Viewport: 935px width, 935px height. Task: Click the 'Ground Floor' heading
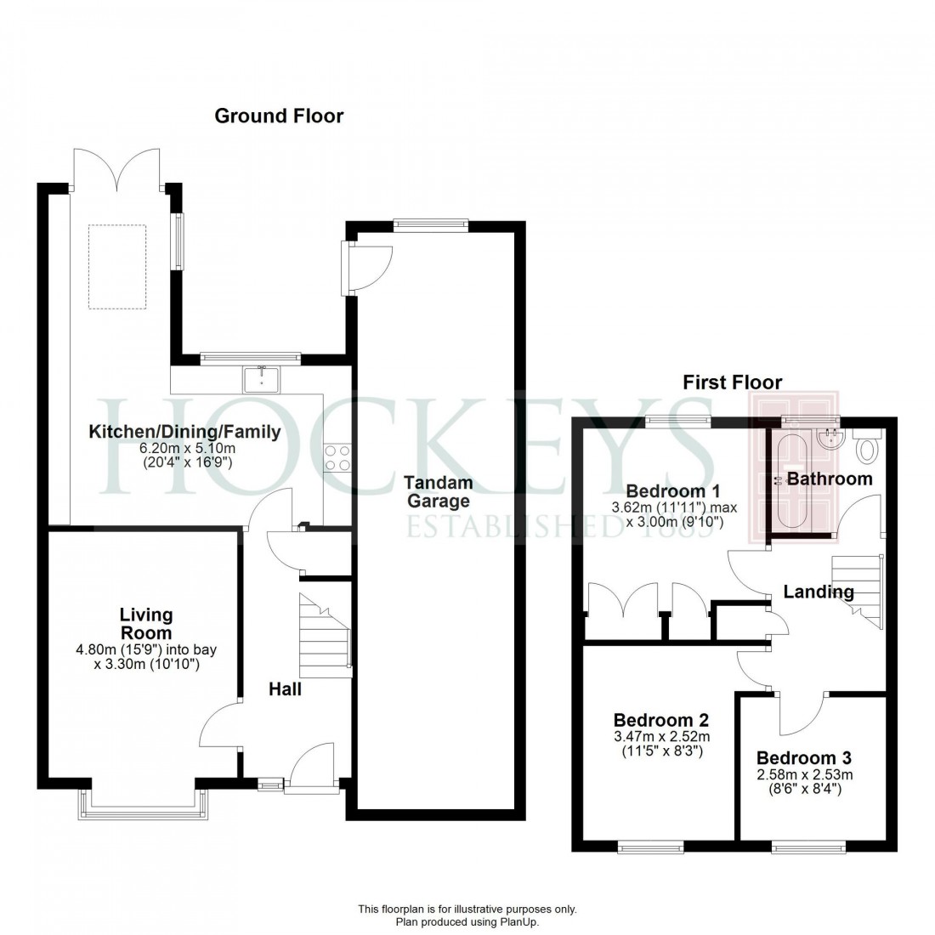[279, 116]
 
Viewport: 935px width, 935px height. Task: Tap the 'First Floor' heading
[732, 382]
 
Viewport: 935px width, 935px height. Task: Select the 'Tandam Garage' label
[439, 492]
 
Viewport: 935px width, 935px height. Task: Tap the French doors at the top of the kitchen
[116, 168]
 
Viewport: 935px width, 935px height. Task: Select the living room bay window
[144, 804]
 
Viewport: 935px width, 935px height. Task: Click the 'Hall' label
[285, 689]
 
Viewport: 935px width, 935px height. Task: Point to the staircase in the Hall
[324, 635]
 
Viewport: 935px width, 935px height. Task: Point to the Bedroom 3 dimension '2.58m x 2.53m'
[804, 775]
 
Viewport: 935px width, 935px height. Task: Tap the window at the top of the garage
[430, 224]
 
